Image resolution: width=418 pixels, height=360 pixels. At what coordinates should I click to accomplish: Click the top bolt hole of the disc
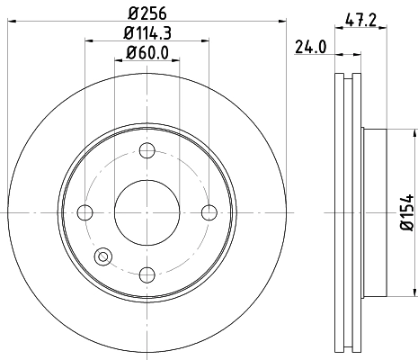147,150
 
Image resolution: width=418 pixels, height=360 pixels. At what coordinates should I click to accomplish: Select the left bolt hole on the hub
85,212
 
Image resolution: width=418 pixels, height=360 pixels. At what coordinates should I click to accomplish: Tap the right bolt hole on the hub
209,212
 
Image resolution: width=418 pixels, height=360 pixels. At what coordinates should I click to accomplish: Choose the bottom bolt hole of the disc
147,274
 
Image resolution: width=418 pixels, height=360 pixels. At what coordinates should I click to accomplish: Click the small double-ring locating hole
103,257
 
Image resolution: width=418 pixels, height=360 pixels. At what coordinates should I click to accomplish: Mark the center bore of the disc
147,212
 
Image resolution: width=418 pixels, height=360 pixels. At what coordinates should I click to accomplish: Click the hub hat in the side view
376,212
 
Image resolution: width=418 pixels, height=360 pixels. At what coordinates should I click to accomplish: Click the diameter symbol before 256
133,12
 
